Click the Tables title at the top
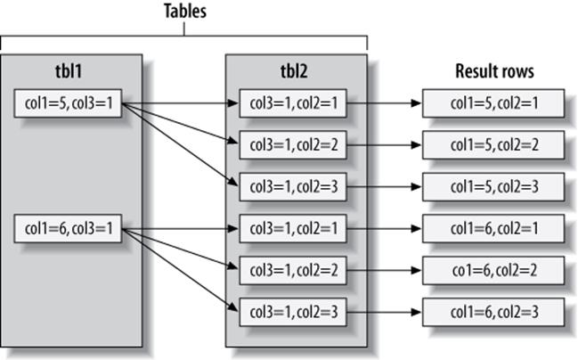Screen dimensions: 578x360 (184, 11)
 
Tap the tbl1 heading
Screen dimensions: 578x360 (69, 70)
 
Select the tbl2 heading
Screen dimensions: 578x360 (294, 70)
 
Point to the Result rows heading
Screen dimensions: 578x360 (494, 71)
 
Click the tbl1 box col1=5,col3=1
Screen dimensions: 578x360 (68, 103)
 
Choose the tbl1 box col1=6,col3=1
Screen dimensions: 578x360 (68, 229)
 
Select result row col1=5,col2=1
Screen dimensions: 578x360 (493, 103)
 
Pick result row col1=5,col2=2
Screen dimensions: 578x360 (493, 145)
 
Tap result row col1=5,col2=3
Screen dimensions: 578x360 (493, 186)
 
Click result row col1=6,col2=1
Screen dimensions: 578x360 (493, 229)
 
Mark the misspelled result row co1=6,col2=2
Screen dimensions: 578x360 (493, 270)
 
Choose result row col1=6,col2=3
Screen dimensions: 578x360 (493, 312)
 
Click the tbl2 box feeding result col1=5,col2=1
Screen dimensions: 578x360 (293, 103)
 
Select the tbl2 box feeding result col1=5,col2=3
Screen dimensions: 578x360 (293, 186)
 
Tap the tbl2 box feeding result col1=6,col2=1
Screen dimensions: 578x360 (293, 229)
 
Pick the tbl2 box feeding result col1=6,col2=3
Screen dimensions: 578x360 (293, 312)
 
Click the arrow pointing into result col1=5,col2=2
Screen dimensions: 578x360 (384, 145)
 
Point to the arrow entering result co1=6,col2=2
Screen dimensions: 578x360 (384, 270)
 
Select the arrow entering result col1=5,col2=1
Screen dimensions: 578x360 (384, 103)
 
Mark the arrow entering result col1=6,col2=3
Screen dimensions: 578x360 (384, 312)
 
